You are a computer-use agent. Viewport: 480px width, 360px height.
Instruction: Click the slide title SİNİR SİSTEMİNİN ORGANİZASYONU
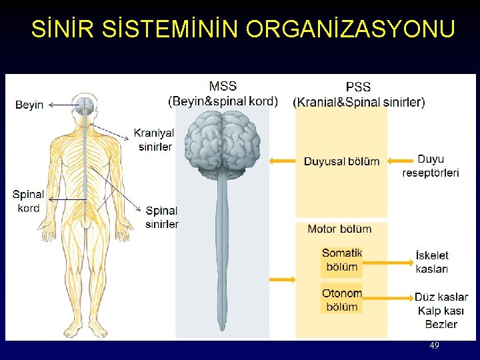point(243,29)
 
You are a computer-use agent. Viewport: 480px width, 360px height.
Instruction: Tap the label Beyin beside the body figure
point(29,105)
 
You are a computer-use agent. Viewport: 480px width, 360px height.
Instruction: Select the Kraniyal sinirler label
point(155,139)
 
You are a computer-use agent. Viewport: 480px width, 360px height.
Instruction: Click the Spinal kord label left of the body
point(28,201)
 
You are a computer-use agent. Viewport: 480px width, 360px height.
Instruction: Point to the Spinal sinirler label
point(162,217)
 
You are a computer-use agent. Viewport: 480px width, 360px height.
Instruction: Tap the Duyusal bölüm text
point(341,161)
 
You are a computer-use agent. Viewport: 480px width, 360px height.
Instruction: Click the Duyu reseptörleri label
point(431,166)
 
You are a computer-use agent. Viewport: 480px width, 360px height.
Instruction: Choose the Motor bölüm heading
point(339,229)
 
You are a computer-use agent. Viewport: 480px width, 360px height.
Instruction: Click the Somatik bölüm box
point(342,260)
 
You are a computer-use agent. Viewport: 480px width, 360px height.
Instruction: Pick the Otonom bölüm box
point(342,299)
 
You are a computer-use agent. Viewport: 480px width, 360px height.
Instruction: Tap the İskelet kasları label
point(432,262)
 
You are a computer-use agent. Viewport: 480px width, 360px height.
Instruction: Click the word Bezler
point(441,324)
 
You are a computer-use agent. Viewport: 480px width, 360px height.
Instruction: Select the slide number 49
point(435,345)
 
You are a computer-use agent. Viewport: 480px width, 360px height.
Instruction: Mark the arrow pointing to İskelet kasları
point(389,263)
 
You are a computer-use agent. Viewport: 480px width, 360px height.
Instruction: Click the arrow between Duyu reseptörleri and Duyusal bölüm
point(400,160)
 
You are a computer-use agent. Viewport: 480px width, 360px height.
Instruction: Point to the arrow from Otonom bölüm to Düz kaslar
point(389,297)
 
